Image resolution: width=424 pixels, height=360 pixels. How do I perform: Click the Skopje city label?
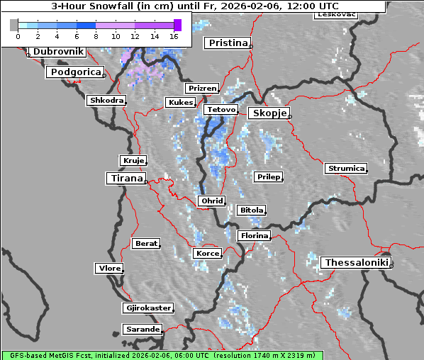[268, 113]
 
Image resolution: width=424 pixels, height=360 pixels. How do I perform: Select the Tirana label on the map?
[125, 178]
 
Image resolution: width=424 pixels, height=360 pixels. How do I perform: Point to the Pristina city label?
[228, 43]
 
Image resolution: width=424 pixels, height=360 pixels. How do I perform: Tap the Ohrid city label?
[211, 201]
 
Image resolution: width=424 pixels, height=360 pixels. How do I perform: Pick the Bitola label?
[251, 210]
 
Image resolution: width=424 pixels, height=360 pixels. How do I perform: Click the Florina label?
[254, 235]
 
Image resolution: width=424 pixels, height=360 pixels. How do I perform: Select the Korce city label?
[207, 253]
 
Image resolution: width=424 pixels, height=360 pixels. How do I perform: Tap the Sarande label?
[142, 330]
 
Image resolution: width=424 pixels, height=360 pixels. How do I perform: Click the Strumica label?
[346, 168]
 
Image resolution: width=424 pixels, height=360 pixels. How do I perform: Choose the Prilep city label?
[268, 176]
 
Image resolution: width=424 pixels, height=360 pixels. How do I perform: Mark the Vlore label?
[109, 268]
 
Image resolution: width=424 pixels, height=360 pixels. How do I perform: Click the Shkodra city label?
[106, 101]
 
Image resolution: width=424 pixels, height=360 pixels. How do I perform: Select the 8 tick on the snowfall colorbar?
[96, 35]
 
